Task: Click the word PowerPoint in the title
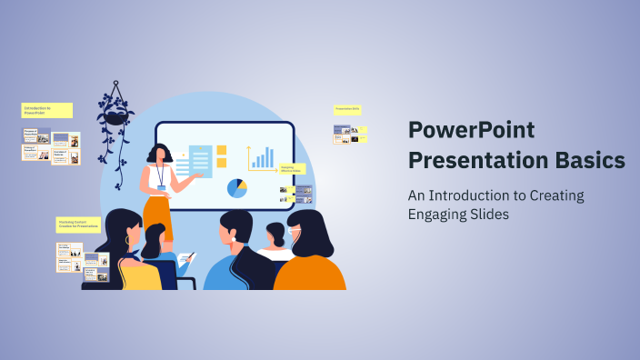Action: [471, 131]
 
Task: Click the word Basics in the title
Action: [591, 161]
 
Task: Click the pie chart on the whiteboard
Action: [237, 188]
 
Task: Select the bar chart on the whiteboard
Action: [262, 158]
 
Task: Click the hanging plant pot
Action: [115, 116]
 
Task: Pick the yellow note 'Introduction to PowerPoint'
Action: [46, 110]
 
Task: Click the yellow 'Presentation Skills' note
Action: [347, 109]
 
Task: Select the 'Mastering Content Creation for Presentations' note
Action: [78, 224]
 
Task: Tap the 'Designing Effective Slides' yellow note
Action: [292, 168]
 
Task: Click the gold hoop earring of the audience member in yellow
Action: [127, 241]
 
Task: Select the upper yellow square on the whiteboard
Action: [221, 150]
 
